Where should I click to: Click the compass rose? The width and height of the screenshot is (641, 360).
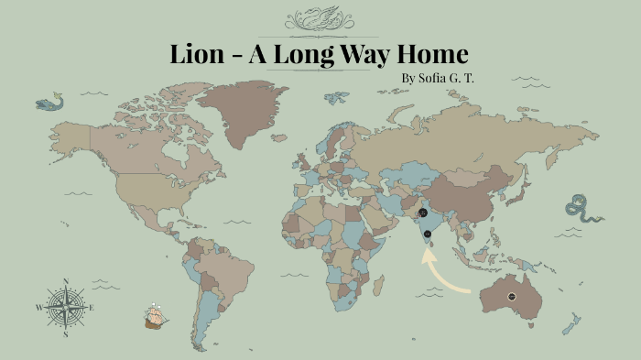(x=65, y=308)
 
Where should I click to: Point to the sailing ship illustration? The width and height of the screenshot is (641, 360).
(x=157, y=316)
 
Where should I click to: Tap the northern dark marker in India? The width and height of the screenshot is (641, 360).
(x=422, y=213)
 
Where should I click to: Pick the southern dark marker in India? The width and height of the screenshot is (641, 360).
(x=428, y=234)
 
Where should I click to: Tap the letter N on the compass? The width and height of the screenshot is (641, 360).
(x=65, y=282)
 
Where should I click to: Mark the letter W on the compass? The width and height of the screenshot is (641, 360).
(x=38, y=308)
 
